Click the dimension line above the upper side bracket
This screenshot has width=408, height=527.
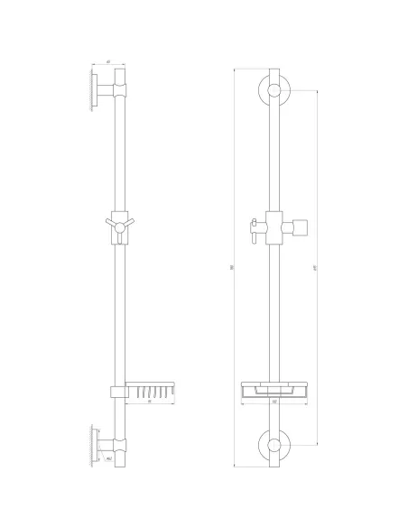(x=108, y=64)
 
